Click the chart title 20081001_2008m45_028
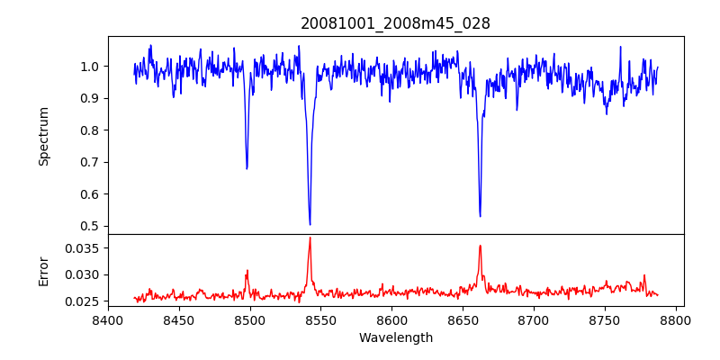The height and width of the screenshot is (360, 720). point(395,24)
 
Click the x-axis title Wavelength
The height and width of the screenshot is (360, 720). point(395,338)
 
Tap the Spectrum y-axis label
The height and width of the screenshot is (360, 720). point(43,136)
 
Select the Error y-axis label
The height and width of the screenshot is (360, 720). point(43,270)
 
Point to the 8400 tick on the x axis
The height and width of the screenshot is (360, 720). point(108,319)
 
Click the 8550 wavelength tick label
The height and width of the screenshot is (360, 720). point(321,319)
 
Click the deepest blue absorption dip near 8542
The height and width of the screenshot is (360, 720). point(310,224)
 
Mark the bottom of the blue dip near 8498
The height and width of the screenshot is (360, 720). point(247,168)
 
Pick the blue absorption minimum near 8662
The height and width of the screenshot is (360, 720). point(480,216)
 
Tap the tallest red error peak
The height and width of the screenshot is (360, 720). point(310,238)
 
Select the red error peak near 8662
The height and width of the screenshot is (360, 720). point(480,246)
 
